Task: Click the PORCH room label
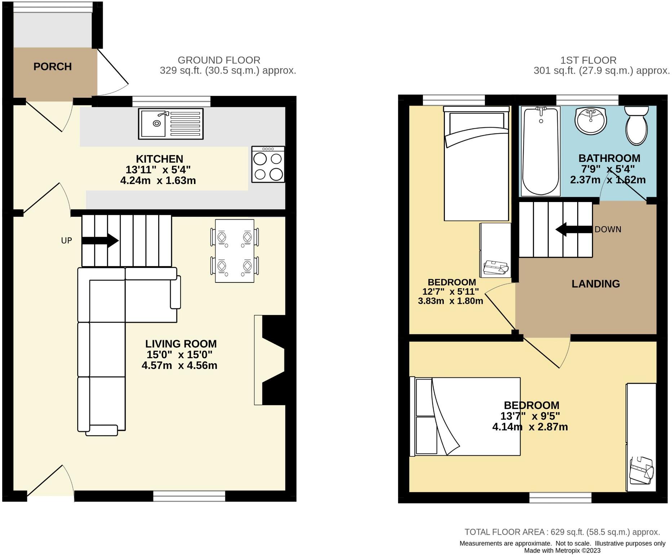(53, 67)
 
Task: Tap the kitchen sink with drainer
(171, 124)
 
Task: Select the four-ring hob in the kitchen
(268, 165)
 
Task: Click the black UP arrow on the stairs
(101, 240)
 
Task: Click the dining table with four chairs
(234, 251)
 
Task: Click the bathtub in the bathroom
(541, 152)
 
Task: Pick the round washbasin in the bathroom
(591, 121)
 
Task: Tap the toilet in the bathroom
(637, 126)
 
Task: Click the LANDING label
(596, 284)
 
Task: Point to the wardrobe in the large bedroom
(641, 437)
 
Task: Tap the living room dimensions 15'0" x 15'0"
(180, 355)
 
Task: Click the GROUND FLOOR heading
(219, 60)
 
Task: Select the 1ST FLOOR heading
(588, 60)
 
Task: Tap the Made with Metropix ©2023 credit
(562, 551)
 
